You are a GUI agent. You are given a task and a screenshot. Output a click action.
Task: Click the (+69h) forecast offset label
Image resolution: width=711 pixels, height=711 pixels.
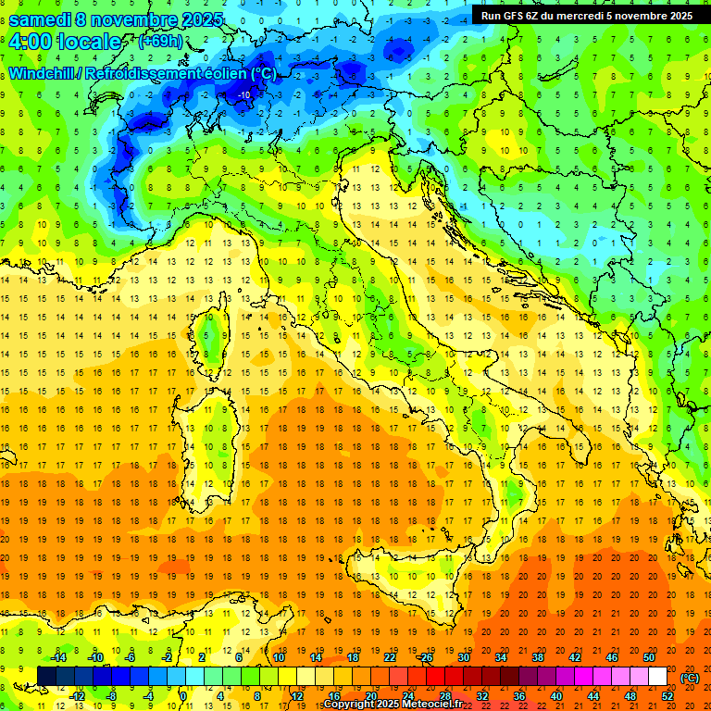(160, 42)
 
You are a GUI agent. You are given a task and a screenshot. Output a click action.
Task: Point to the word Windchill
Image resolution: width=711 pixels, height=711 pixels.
(44, 73)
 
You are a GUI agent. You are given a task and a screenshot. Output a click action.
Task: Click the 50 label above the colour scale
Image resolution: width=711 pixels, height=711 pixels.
(649, 657)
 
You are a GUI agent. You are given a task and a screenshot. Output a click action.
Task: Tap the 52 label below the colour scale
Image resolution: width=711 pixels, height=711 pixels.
(667, 696)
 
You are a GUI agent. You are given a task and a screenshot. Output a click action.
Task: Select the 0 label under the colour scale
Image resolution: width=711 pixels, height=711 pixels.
(183, 696)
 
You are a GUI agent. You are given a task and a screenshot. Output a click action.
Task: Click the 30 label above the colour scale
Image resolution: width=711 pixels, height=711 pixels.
(464, 657)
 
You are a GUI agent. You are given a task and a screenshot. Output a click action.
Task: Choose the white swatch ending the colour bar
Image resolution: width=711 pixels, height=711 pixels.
(658, 676)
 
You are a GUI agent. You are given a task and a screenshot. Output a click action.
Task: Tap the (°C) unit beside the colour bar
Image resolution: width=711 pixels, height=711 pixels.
(690, 678)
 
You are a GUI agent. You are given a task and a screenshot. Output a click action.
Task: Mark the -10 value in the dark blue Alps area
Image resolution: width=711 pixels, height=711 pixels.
(243, 95)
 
